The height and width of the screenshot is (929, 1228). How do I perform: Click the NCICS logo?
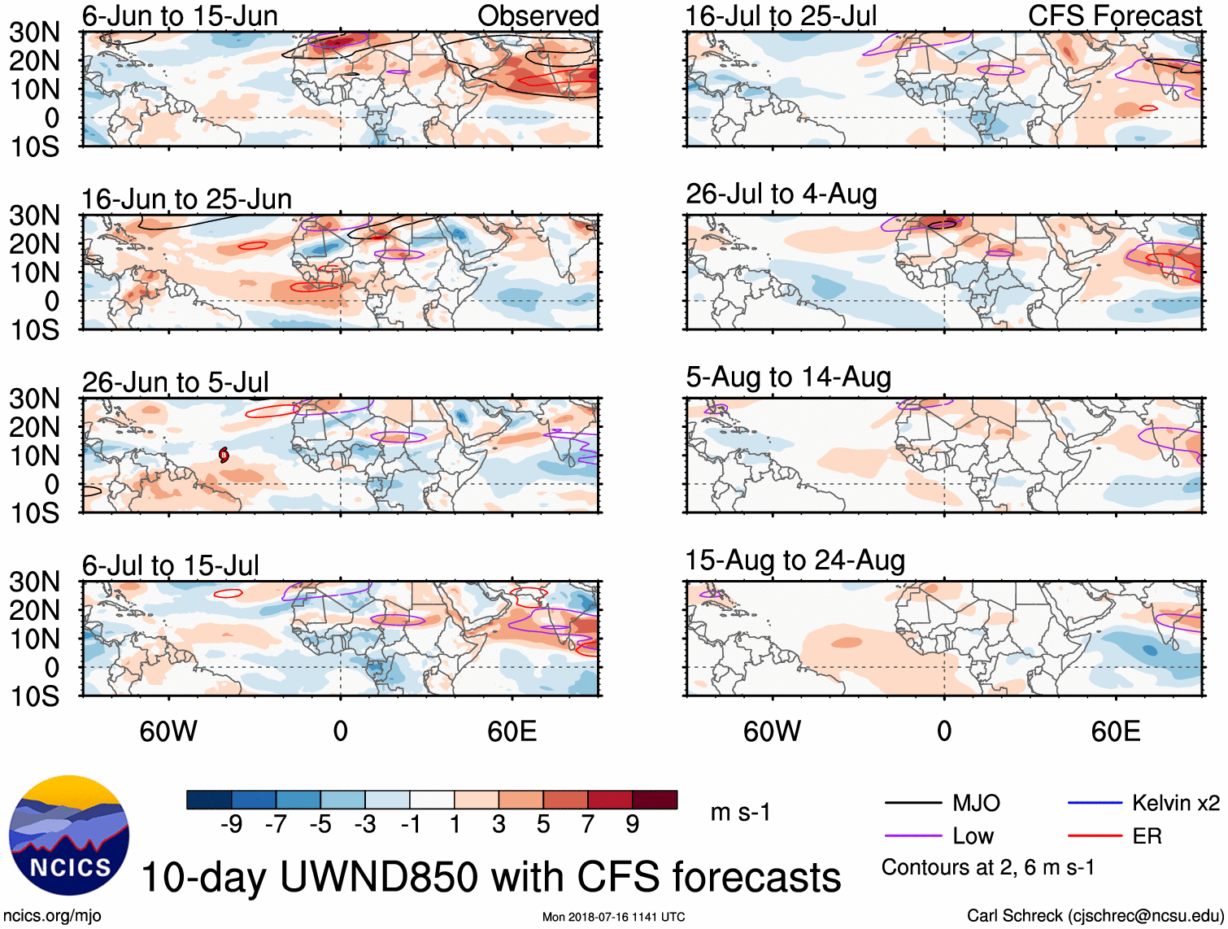(68, 835)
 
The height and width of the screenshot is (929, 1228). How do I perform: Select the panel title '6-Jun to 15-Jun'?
(180, 16)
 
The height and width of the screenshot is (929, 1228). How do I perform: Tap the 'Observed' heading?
(538, 16)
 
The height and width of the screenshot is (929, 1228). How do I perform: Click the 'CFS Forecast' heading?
(1114, 16)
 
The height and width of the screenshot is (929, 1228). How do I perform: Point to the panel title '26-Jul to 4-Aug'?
(781, 194)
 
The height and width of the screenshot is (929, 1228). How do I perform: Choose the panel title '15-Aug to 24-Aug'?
(795, 560)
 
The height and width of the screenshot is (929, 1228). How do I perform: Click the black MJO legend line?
(912, 804)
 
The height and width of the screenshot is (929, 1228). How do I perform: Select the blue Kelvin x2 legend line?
(1095, 804)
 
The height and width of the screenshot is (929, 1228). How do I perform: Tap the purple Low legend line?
(912, 836)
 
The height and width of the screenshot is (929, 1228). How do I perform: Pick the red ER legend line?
(1095, 836)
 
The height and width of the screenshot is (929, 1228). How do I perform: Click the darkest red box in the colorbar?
(655, 800)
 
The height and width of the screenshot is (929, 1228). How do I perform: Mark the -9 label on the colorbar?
(232, 825)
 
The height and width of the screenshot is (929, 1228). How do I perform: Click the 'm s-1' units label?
(740, 813)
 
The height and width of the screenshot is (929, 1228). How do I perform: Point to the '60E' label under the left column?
(512, 731)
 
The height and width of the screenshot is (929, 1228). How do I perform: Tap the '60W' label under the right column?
(772, 731)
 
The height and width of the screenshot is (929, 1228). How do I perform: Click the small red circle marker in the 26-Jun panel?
(224, 455)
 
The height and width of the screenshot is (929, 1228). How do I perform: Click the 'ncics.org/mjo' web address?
(52, 916)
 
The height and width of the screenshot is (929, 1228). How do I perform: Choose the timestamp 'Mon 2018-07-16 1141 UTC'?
(613, 917)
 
